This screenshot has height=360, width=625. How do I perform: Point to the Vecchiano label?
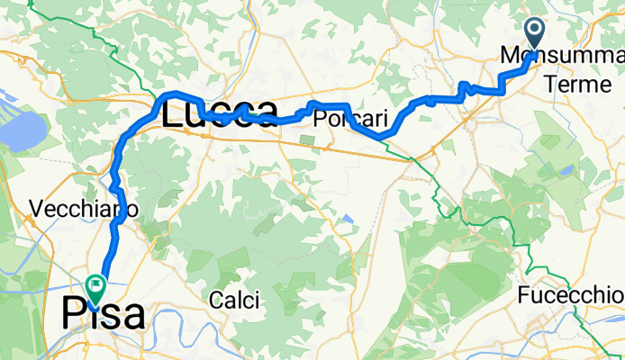click(83, 209)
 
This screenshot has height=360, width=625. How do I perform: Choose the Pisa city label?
click(103, 314)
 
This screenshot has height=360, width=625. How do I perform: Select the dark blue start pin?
click(535, 37)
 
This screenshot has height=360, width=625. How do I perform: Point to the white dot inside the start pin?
click(535, 33)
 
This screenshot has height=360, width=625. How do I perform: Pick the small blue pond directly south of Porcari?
click(348, 219)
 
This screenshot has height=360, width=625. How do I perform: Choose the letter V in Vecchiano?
click(36, 209)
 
